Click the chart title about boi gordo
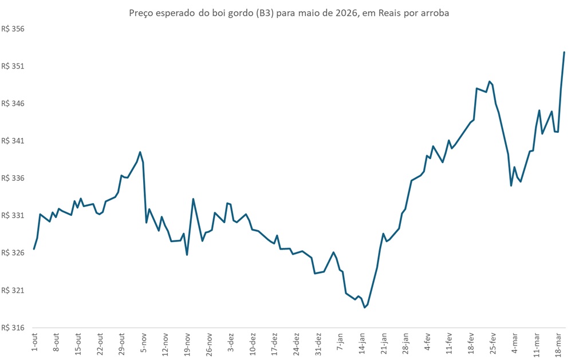coord(289,13)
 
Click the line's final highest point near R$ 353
coord(564,52)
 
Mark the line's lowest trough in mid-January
coord(364,307)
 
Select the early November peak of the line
coord(140,152)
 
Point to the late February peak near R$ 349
coord(489,81)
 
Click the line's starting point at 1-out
coord(34,249)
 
